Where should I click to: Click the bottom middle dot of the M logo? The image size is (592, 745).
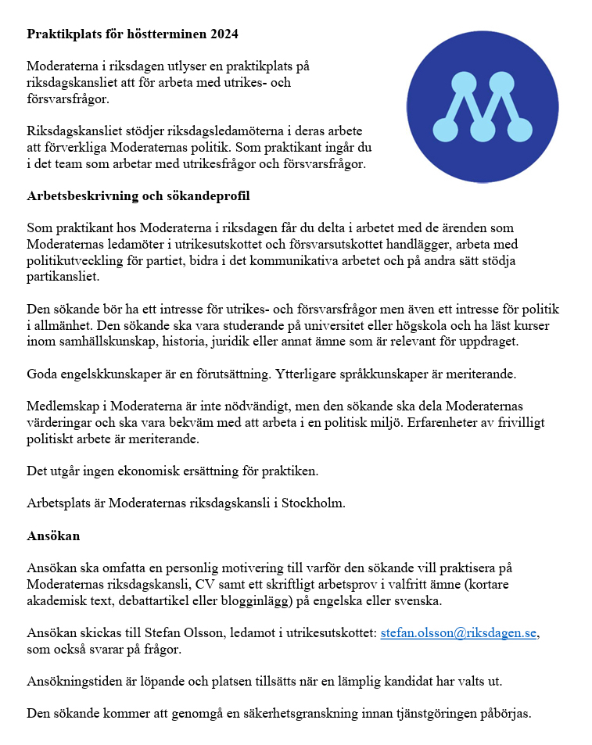tap(483, 129)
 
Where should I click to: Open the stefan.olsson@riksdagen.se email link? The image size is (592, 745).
tap(460, 633)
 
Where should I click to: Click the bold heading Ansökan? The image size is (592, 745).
tap(53, 537)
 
